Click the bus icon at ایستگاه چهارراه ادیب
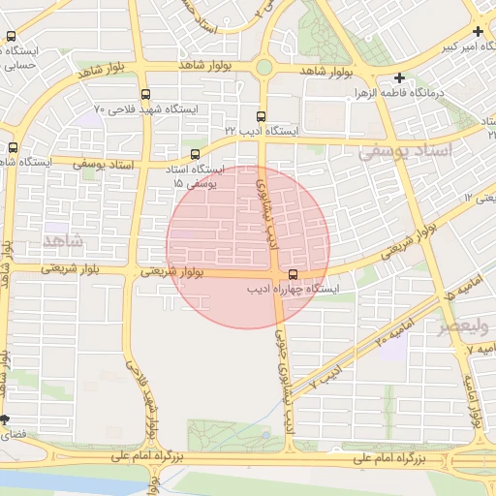click(x=294, y=274)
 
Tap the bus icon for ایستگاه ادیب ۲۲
click(x=260, y=116)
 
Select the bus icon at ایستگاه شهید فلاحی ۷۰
click(x=145, y=94)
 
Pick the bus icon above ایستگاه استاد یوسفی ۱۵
click(x=196, y=153)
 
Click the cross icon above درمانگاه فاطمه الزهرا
click(x=398, y=77)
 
